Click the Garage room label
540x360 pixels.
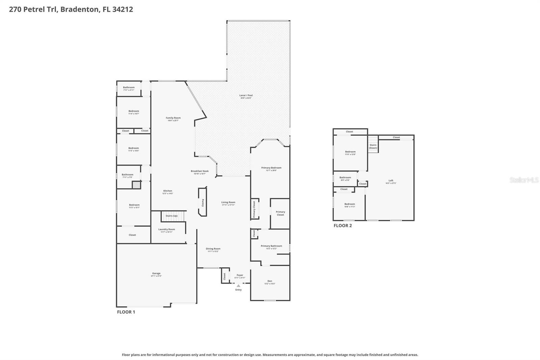tap(156, 274)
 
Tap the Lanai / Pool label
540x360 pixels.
tap(246, 96)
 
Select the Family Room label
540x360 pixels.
tap(173, 118)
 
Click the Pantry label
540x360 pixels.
tap(203, 202)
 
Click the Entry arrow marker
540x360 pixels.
tap(238, 286)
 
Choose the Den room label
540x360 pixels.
tap(270, 281)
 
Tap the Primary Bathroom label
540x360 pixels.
tap(271, 246)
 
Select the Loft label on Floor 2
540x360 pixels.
tap(391, 181)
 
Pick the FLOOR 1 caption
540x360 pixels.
tap(126, 312)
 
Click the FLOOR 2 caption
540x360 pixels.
tap(343, 226)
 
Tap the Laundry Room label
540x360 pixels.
tap(167, 230)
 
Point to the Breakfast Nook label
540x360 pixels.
tap(199, 171)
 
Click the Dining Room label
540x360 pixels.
tap(213, 249)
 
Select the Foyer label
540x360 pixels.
tap(240, 275)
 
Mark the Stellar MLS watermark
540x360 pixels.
tap(524, 180)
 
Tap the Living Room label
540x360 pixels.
tap(228, 203)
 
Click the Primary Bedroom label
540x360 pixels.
tap(271, 168)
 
